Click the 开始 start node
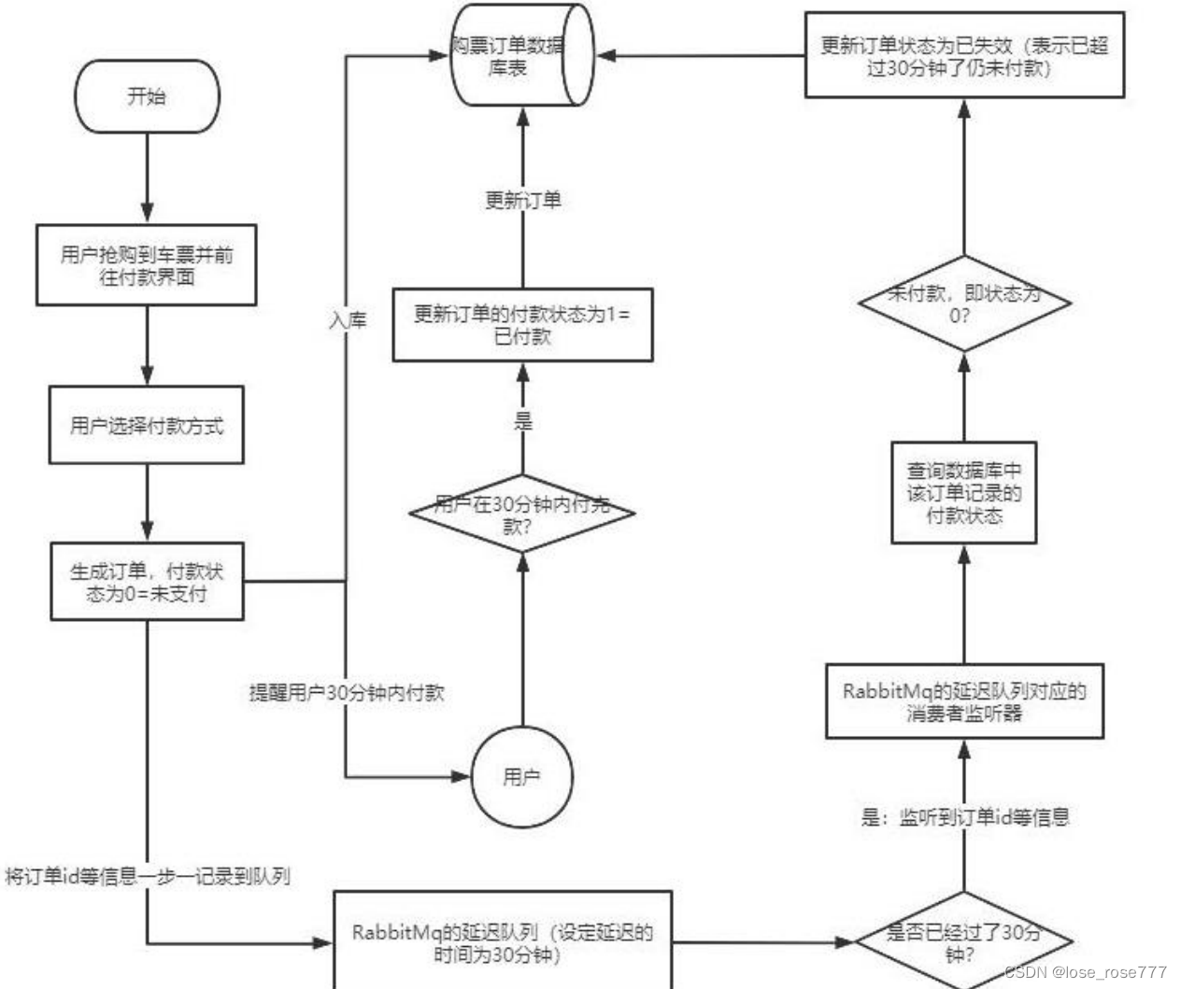[x=147, y=96]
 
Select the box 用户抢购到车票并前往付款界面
[x=147, y=265]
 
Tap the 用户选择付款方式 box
[x=147, y=426]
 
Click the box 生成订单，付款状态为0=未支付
[x=147, y=582]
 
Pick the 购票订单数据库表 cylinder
[x=521, y=55]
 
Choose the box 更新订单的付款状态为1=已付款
[x=522, y=325]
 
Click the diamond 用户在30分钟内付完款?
[x=521, y=514]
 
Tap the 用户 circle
[x=521, y=777]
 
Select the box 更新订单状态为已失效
[x=964, y=55]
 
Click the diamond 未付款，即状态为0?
[x=964, y=304]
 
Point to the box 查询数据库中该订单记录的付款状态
[x=964, y=492]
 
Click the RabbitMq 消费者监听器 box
[x=964, y=701]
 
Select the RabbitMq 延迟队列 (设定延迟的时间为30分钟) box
[x=503, y=942]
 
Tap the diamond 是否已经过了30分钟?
[x=964, y=941]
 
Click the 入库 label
[x=348, y=320]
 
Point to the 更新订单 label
[x=522, y=200]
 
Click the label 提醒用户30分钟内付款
[x=347, y=693]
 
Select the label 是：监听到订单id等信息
[x=965, y=817]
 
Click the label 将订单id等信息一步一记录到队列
[x=148, y=876]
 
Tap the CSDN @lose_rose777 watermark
[x=1086, y=972]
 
